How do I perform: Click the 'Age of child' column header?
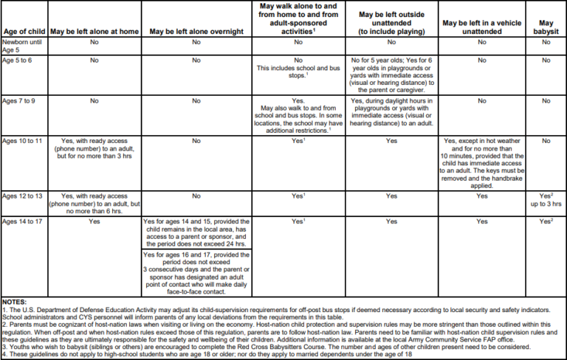[x=24, y=32]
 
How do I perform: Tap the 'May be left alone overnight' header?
[x=195, y=32]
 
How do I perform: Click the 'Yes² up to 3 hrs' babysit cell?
[x=546, y=201]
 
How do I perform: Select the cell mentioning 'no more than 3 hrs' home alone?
[x=94, y=148]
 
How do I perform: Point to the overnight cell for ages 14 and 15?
[x=196, y=233]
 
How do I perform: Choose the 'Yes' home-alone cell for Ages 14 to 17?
[x=94, y=221]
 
